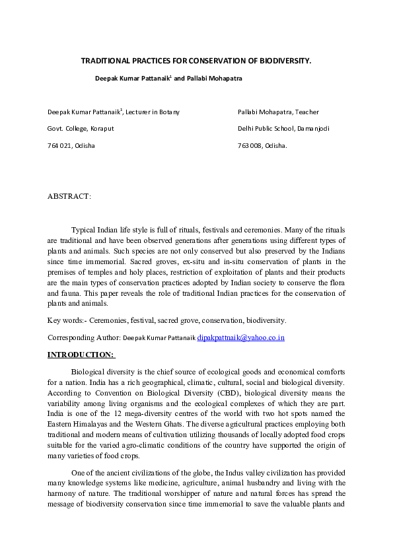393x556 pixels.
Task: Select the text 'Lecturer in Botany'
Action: pyautogui.click(x=153, y=112)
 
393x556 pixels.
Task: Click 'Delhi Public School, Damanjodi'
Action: pyautogui.click(x=283, y=128)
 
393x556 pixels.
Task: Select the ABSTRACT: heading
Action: pyautogui.click(x=69, y=196)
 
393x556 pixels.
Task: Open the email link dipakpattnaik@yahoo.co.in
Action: pyautogui.click(x=240, y=337)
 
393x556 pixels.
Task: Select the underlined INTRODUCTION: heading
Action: pyautogui.click(x=81, y=355)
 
